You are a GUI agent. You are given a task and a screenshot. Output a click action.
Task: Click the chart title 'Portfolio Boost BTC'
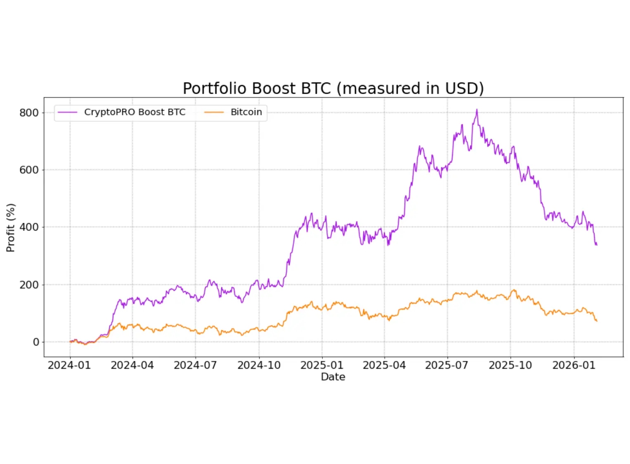coord(333,88)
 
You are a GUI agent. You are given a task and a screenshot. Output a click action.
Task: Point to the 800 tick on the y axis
coord(29,113)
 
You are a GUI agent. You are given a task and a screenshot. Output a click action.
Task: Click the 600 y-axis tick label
coord(29,170)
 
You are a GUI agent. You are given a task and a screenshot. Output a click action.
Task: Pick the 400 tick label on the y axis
coord(29,227)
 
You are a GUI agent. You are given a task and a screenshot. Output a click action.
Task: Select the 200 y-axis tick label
coord(29,285)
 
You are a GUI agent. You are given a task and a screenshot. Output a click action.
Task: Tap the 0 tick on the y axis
coord(36,342)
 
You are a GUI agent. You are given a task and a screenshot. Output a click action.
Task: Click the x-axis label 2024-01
coord(69,365)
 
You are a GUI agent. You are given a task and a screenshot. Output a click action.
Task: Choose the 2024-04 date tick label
coord(132,365)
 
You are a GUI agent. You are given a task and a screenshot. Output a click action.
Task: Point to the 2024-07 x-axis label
coord(195,365)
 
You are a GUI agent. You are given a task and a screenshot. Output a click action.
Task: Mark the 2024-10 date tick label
coord(259,365)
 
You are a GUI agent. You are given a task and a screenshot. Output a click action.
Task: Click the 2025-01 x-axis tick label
coord(322,365)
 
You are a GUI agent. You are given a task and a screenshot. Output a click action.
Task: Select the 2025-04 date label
coord(384,365)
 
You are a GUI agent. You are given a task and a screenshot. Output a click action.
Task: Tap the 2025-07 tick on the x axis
coord(447,365)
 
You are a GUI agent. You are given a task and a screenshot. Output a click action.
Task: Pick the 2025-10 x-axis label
coord(510,365)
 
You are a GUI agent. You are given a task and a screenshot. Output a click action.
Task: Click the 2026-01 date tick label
coord(574,365)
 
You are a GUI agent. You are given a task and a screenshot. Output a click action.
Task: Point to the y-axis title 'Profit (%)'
coord(11,228)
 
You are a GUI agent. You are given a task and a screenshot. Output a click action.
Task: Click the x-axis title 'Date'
coord(333,377)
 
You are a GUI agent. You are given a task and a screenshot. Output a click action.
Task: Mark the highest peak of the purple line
coord(477,110)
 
